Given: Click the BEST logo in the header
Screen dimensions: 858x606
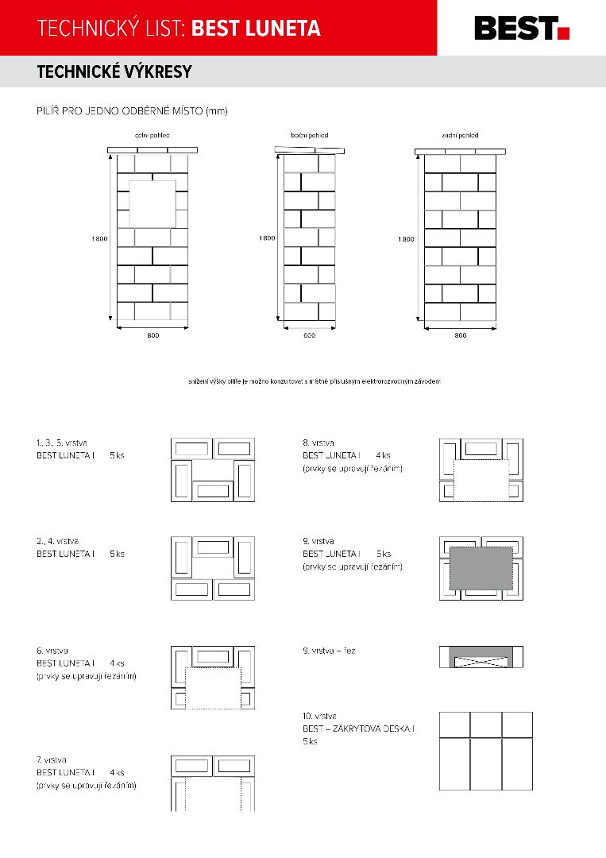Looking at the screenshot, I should point(521,28).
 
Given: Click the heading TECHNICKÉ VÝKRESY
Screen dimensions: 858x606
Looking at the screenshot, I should point(114,72).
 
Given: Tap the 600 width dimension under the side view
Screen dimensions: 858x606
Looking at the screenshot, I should point(309,336).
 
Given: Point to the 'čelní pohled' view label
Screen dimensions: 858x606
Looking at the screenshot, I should point(152,136).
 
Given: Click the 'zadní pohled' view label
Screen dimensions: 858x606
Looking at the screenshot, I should point(460,136).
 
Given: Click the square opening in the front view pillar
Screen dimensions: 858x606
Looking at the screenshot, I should point(152,203).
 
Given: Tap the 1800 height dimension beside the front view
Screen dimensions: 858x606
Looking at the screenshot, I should point(98,238).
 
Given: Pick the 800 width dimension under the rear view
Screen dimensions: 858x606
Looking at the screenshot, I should point(460,336).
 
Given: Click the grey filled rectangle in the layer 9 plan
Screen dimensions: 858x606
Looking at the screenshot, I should point(481,567).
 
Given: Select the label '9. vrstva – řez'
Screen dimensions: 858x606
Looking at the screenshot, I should point(329,651).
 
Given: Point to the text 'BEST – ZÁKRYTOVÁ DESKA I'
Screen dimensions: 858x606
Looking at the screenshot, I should point(358,729).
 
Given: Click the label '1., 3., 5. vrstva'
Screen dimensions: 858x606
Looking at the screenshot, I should point(62,442).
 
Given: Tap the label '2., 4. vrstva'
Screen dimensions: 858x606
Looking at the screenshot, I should point(57,541).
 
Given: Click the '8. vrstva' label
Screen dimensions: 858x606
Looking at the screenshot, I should point(318,443).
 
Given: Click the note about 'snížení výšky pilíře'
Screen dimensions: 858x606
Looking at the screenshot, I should point(315,381).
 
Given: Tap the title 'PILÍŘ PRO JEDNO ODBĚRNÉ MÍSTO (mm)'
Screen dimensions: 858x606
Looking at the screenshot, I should point(132,111).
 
